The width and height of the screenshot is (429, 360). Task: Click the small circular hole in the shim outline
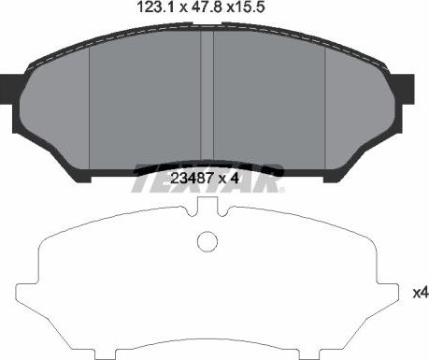207,242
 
